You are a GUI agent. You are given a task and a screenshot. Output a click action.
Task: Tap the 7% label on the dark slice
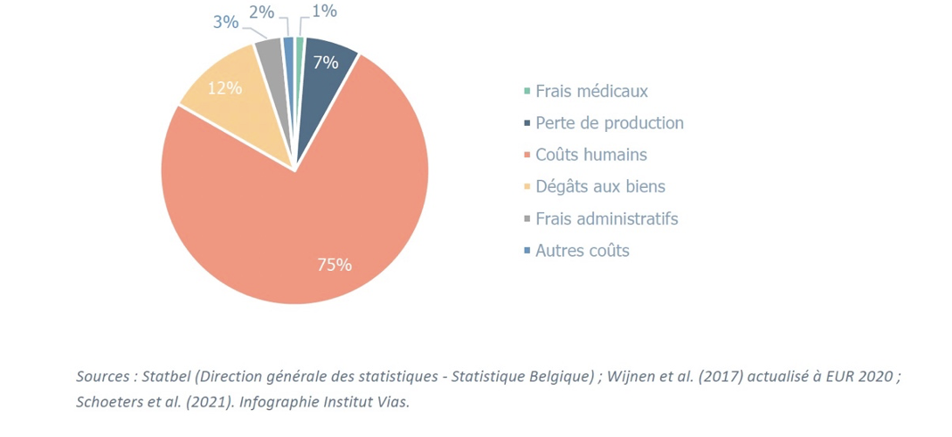(x=325, y=63)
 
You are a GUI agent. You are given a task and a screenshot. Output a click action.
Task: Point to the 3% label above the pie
(x=226, y=22)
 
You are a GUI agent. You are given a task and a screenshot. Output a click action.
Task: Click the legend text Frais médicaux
(x=591, y=91)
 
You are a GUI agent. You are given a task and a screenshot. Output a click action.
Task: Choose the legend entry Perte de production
(x=609, y=123)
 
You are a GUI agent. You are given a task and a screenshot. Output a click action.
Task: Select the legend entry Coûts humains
(x=590, y=155)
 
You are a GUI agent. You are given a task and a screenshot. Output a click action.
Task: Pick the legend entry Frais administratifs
(x=606, y=218)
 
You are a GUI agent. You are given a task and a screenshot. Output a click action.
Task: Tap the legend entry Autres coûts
(x=582, y=251)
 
